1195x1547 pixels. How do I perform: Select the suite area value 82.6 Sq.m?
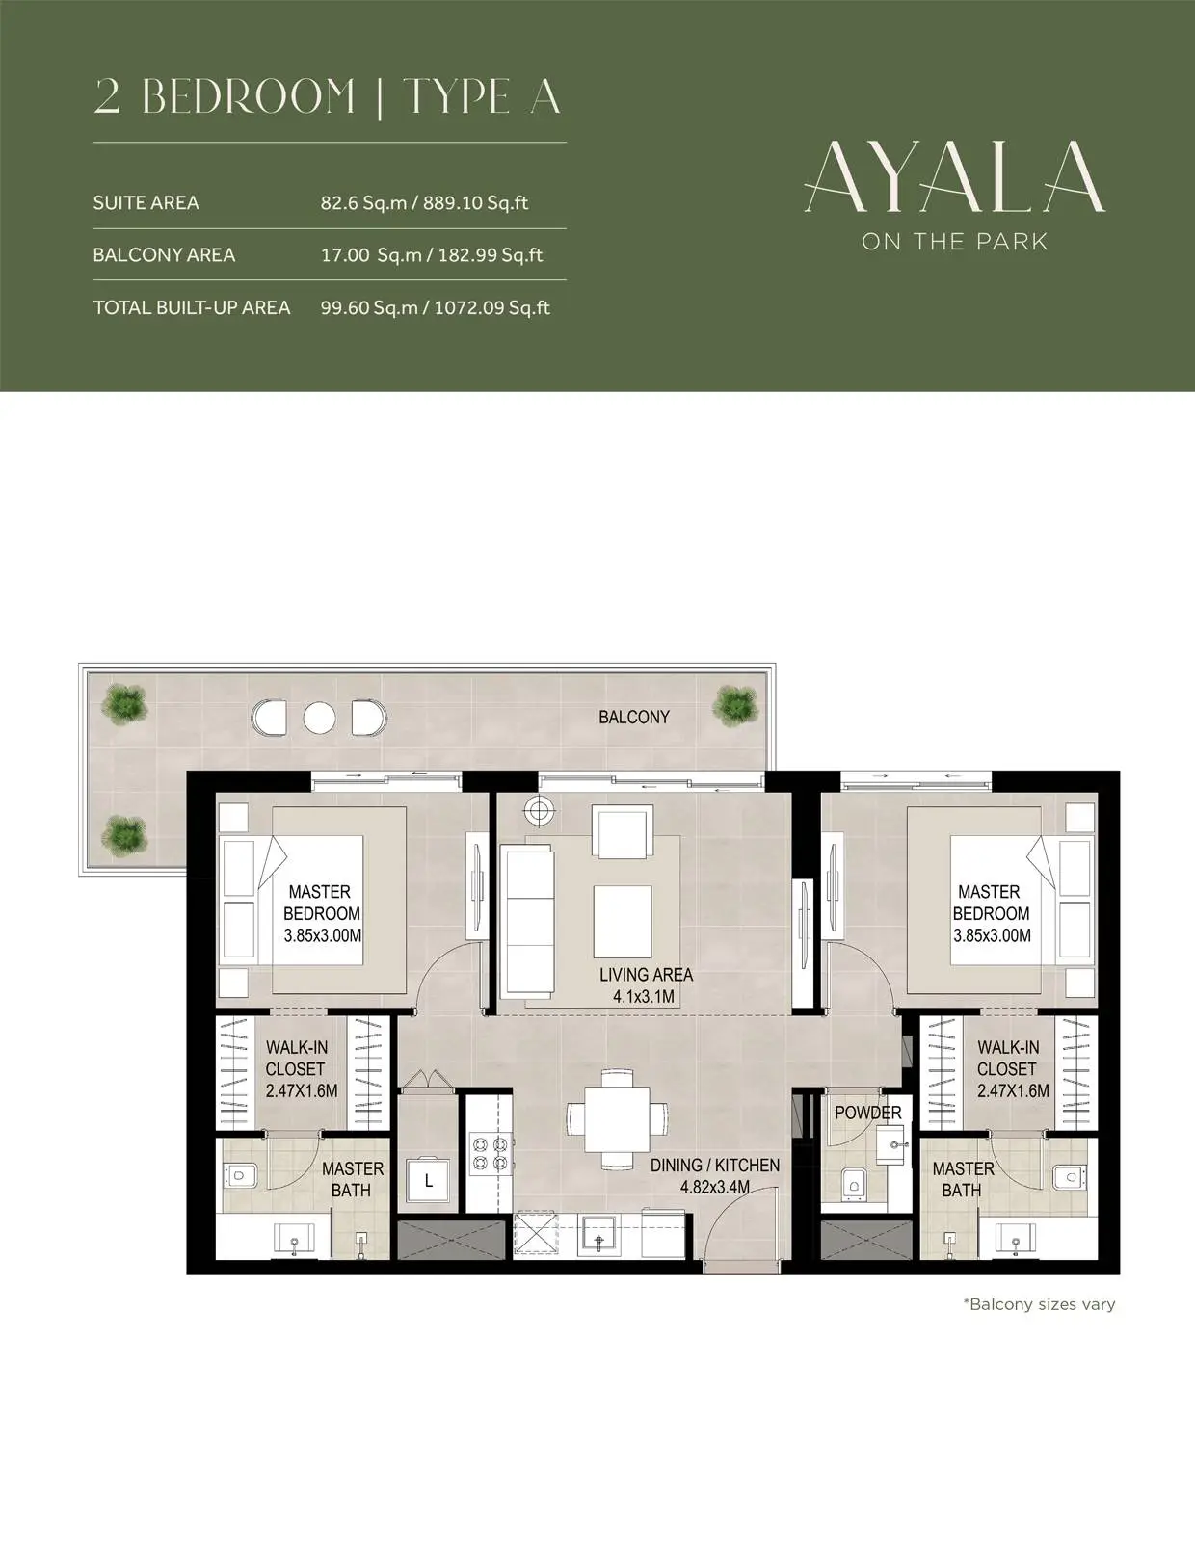[363, 203]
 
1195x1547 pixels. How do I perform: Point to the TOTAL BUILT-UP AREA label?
[192, 307]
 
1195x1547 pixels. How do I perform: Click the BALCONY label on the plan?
[634, 717]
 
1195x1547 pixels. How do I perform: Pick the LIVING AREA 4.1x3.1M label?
[646, 984]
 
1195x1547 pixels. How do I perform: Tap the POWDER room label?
[867, 1113]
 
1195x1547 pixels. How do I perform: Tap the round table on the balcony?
[319, 718]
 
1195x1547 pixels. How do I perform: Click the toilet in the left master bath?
[240, 1175]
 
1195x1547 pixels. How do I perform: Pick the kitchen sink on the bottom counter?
[598, 1238]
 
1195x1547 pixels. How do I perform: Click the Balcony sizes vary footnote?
[1039, 1304]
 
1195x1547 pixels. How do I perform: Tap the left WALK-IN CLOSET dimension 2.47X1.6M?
[302, 1090]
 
